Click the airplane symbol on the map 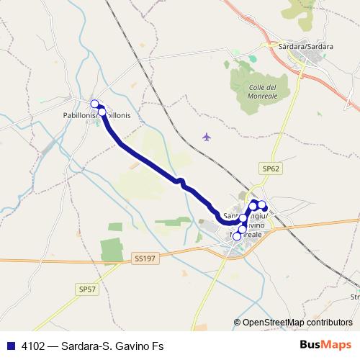[208, 136]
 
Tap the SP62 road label [270, 168]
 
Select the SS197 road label [144, 256]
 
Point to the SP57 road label [86, 289]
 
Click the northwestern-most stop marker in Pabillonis [94, 104]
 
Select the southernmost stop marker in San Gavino [237, 236]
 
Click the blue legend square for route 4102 [11, 345]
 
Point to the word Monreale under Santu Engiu [246, 235]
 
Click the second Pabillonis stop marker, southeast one [102, 112]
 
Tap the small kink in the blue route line [182, 182]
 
